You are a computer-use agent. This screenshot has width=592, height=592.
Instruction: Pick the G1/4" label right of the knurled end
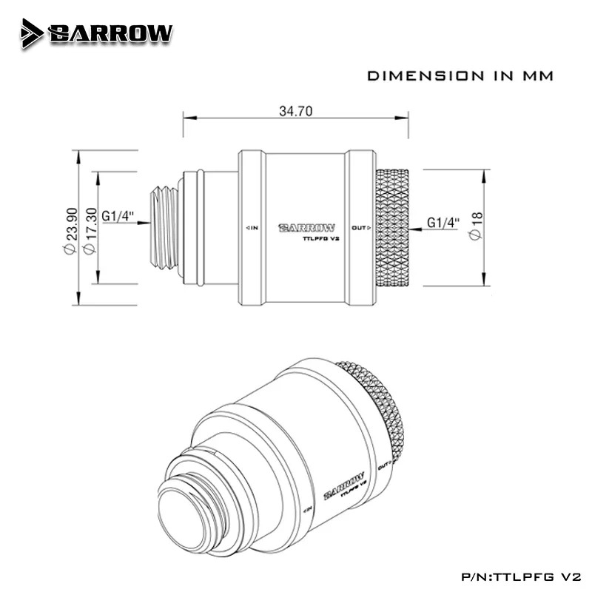(x=445, y=222)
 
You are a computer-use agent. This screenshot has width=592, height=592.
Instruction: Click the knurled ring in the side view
(x=391, y=227)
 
